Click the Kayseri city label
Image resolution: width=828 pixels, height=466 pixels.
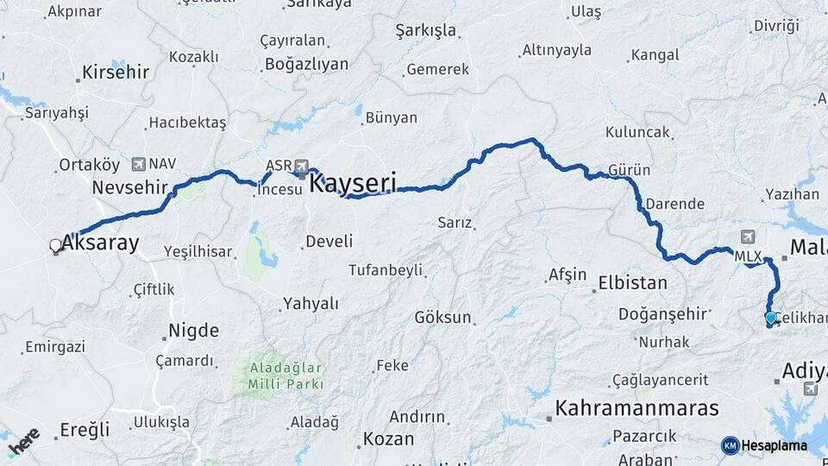point(352,183)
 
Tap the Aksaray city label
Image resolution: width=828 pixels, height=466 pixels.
point(99,243)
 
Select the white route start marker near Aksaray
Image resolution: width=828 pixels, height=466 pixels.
point(56,246)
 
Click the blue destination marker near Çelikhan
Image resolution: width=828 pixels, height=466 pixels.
point(770,318)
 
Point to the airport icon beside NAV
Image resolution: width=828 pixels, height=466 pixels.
point(138,163)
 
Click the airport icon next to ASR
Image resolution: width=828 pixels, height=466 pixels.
point(302,166)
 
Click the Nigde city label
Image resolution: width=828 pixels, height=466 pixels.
point(193,330)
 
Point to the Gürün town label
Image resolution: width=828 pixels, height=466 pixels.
point(629,170)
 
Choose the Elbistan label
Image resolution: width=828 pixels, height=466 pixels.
point(633,282)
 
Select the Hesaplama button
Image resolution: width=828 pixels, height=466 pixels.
point(764,445)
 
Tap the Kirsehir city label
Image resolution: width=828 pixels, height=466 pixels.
point(115,72)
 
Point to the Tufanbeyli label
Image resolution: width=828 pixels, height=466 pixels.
point(386,270)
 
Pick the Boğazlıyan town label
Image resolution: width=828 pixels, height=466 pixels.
point(306,64)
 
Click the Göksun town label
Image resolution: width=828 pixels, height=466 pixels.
point(442,318)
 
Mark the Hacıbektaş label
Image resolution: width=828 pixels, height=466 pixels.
point(187,123)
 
